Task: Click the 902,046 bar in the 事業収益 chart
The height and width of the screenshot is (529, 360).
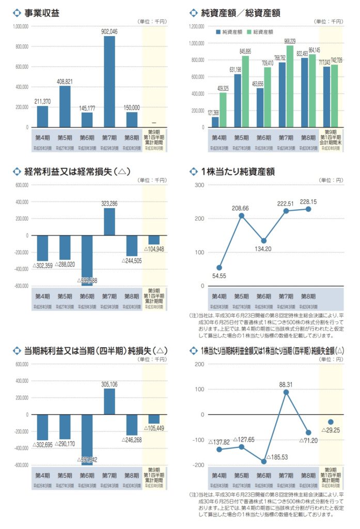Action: click(109, 82)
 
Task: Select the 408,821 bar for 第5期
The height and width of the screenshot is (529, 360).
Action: click(65, 106)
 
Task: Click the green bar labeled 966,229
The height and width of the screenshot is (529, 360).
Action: click(289, 86)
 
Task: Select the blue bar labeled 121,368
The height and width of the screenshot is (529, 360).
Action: click(215, 122)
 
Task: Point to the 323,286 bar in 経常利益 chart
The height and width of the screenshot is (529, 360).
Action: click(109, 222)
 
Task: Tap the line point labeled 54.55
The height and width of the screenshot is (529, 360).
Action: click(219, 268)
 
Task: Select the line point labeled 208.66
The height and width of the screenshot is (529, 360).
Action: click(241, 215)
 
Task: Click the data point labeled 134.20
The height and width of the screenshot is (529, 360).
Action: click(263, 241)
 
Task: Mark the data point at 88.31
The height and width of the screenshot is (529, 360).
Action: click(286, 392)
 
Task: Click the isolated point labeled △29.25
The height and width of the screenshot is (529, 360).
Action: click(331, 422)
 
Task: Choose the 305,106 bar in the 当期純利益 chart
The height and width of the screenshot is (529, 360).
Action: click(109, 401)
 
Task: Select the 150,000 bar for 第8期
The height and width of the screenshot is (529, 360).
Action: click(132, 119)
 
